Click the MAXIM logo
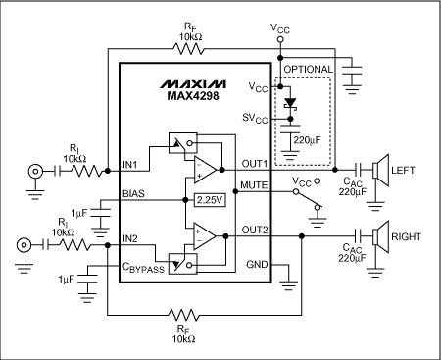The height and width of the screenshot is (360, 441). tap(183, 77)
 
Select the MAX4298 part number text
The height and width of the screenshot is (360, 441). tap(183, 93)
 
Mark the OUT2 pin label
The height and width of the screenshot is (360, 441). tap(253, 231)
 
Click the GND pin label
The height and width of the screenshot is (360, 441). tap(257, 263)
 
